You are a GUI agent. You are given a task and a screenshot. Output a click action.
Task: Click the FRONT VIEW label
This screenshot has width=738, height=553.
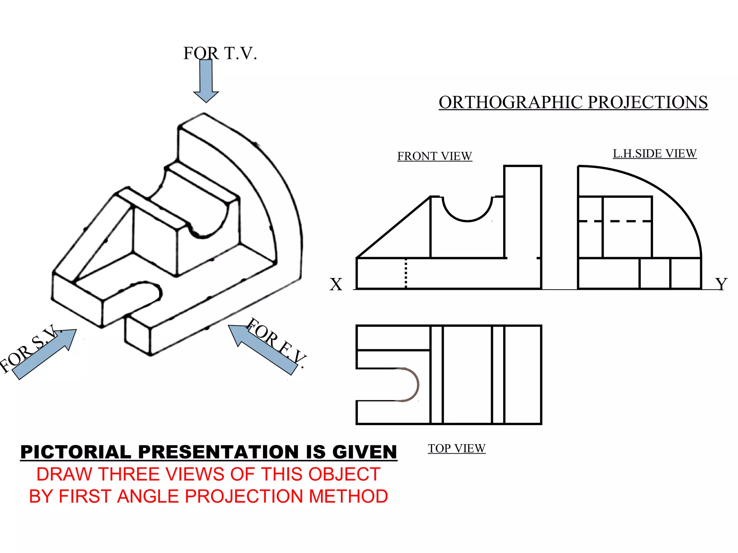435,156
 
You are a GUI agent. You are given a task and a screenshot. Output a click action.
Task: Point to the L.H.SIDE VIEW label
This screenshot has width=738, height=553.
654,154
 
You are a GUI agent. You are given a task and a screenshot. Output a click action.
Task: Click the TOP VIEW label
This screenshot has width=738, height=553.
457,449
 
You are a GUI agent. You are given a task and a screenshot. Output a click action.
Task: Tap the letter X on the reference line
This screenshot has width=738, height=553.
336,284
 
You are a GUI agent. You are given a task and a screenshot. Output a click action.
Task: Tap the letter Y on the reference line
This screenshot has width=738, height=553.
721,284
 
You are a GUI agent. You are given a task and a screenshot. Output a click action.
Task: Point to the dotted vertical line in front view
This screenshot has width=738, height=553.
406,274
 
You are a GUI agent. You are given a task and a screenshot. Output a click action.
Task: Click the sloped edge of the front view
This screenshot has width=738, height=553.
394,228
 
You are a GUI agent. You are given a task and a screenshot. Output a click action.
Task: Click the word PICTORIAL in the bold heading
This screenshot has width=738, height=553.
76,452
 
